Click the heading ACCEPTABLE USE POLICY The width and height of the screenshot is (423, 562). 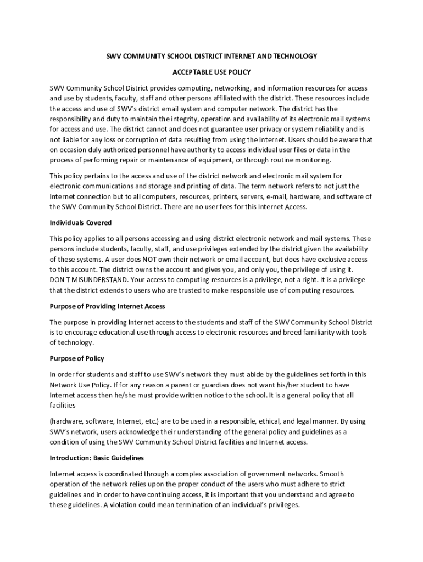(211, 72)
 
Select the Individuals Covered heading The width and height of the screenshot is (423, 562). (80, 223)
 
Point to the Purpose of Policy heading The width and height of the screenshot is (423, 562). (77, 358)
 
